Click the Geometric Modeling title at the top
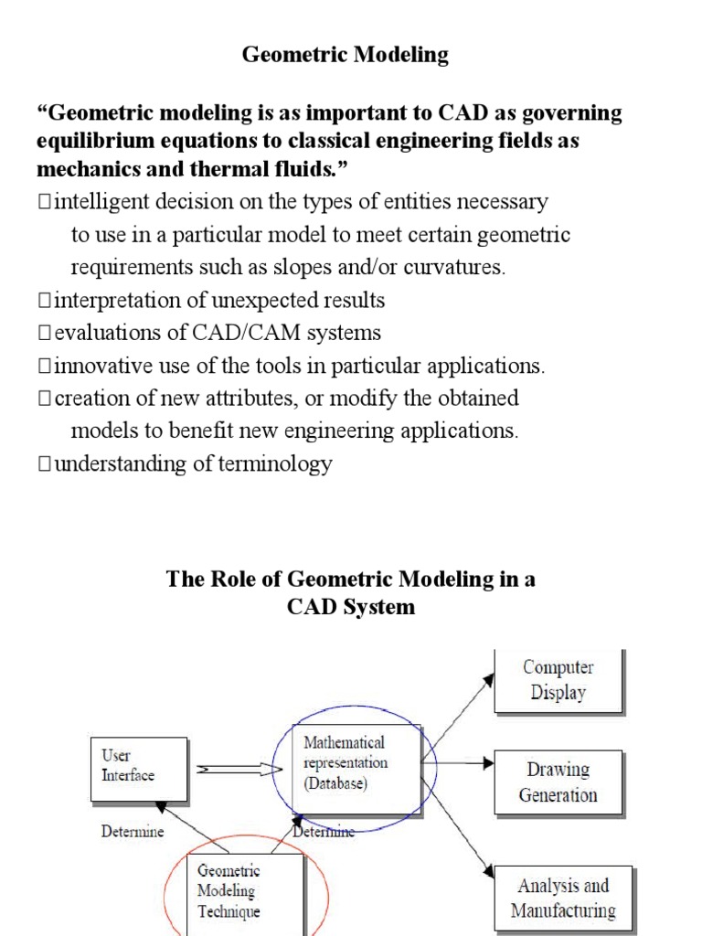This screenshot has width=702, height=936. tap(345, 55)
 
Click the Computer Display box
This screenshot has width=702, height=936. tap(558, 681)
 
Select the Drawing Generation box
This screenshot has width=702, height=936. tap(558, 782)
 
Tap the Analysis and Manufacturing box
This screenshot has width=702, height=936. tap(562, 898)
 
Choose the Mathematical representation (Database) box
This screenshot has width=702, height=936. tap(355, 762)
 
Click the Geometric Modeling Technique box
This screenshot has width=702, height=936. tap(244, 892)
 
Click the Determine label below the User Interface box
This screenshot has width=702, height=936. tap(133, 832)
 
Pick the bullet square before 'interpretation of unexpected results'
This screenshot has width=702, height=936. tap(45, 301)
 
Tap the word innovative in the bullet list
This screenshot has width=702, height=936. tap(97, 366)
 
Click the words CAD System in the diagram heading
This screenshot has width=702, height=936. tap(350, 606)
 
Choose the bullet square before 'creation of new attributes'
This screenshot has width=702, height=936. tap(45, 399)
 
